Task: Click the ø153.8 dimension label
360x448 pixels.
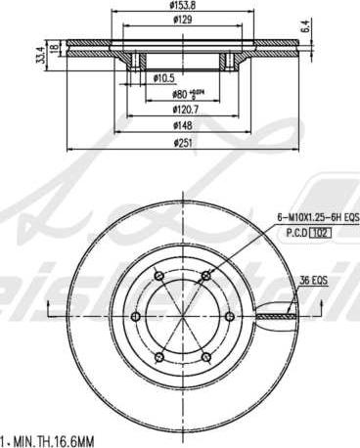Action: (181, 7)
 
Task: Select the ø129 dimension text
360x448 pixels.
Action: (181, 20)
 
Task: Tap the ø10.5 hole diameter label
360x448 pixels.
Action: (164, 77)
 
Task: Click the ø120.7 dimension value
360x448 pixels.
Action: (183, 111)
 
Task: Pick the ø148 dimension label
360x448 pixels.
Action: (182, 126)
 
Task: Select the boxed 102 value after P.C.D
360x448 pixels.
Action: (324, 233)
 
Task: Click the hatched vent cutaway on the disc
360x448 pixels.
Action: (279, 316)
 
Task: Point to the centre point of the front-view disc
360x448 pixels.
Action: (181, 316)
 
